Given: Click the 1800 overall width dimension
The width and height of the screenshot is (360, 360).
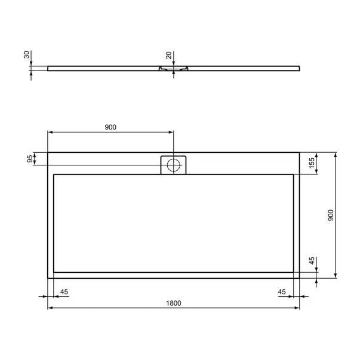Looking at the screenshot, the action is pyautogui.click(x=174, y=303).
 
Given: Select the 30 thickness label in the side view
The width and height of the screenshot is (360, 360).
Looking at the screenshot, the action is pyautogui.click(x=27, y=55).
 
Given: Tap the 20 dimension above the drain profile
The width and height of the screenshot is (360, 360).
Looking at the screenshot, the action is pyautogui.click(x=168, y=56).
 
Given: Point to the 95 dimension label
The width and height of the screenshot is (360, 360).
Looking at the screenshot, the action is pyautogui.click(x=30, y=159).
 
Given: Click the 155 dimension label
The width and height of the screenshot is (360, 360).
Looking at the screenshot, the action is pyautogui.click(x=312, y=163).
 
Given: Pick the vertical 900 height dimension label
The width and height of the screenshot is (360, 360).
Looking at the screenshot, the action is pyautogui.click(x=331, y=215).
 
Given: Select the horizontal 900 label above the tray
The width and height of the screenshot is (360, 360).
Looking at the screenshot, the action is pyautogui.click(x=110, y=127).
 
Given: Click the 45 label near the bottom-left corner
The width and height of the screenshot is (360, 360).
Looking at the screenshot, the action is pyautogui.click(x=64, y=292).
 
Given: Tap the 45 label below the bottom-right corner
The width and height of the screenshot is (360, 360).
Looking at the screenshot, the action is pyautogui.click(x=282, y=292).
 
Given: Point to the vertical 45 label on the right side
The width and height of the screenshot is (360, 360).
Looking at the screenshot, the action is pyautogui.click(x=312, y=261).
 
